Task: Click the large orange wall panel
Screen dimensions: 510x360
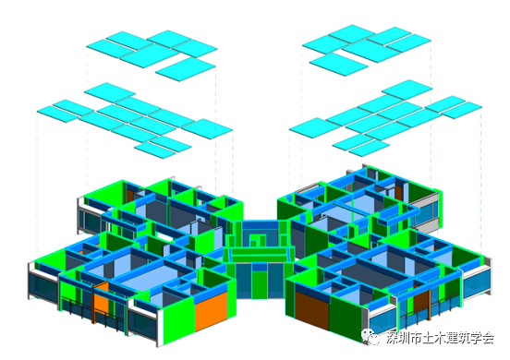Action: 211,311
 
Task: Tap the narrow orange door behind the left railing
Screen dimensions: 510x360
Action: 102,303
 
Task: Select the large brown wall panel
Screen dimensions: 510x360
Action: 312,310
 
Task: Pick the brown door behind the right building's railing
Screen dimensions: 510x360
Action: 422,303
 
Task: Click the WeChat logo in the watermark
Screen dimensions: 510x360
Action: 371,336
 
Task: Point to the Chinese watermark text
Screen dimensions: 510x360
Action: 441,338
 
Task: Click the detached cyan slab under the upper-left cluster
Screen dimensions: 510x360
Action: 186,69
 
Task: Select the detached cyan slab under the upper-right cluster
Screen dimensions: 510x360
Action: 338,64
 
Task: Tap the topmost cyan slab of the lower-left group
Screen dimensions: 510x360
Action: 110,92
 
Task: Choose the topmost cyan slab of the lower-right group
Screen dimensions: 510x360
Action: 407,90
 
